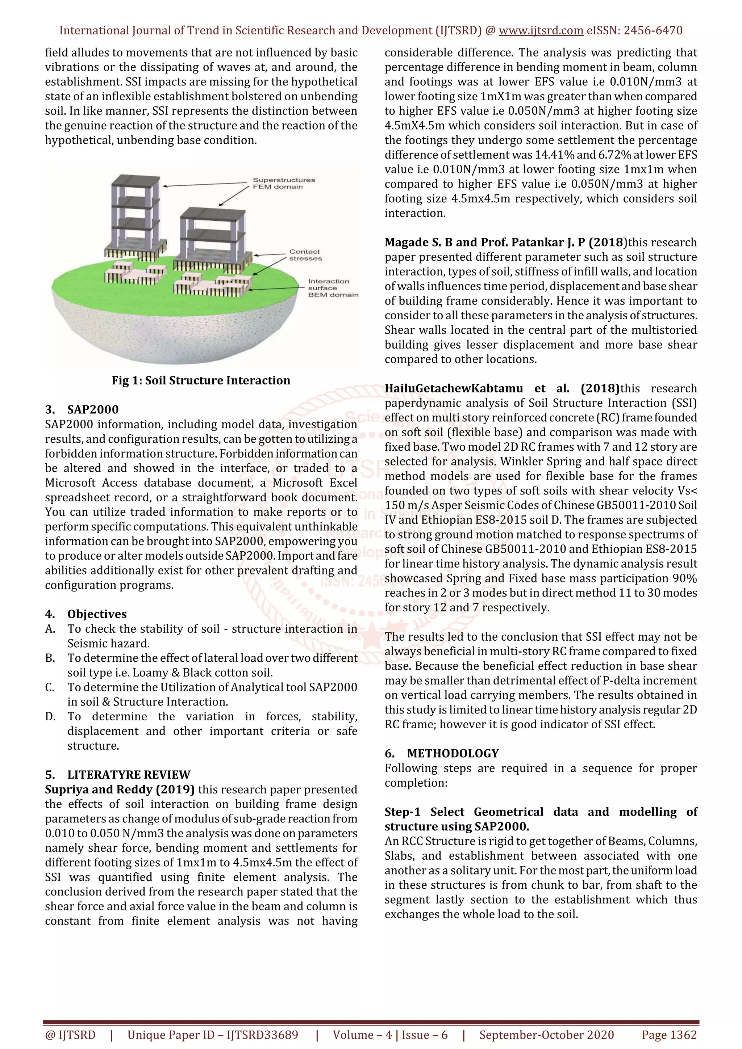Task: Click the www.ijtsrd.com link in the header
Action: click(x=541, y=31)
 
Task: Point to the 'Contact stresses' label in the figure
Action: click(x=305, y=255)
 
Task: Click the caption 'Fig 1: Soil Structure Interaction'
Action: click(x=201, y=380)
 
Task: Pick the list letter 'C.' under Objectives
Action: click(x=50, y=687)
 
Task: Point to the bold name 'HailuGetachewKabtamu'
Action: click(x=454, y=388)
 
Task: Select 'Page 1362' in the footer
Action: click(x=669, y=1035)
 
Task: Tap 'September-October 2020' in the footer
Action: click(x=546, y=1035)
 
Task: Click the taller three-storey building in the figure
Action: click(x=136, y=215)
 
